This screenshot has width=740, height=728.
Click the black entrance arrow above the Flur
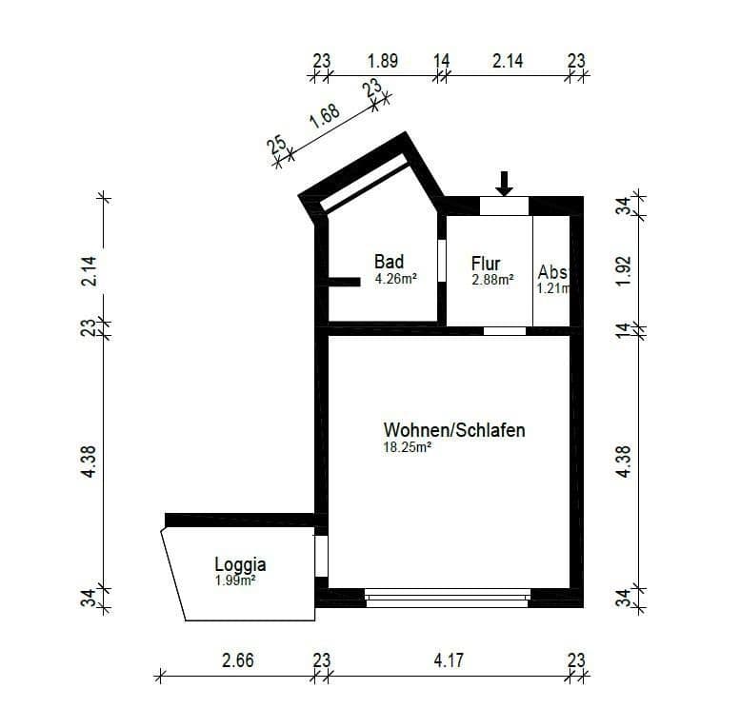tap(505, 183)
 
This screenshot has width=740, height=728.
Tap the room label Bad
tap(389, 262)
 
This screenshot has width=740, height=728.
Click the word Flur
tap(486, 264)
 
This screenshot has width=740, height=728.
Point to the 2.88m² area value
tap(492, 281)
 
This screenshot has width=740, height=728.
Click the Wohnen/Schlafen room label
tap(454, 430)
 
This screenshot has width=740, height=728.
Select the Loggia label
tap(240, 563)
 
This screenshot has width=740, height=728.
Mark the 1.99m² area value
tap(234, 580)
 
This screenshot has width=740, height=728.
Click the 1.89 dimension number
tap(382, 61)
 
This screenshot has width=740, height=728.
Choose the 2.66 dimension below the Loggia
tap(237, 659)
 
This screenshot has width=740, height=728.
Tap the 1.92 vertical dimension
tap(625, 272)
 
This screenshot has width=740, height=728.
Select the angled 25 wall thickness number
tap(277, 146)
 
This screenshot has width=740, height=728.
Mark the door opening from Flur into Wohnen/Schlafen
tap(504, 331)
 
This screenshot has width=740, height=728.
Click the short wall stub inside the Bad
tap(344, 281)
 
